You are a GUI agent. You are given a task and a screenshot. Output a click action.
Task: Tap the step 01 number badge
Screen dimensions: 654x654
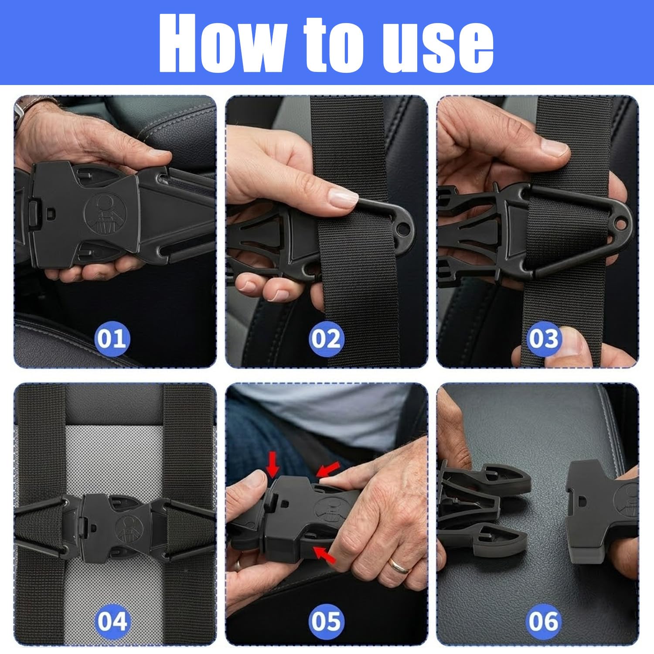click(112, 339)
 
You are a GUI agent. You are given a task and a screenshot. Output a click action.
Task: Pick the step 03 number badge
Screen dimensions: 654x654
click(543, 339)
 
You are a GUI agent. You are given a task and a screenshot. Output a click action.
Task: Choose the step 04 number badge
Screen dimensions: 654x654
click(112, 621)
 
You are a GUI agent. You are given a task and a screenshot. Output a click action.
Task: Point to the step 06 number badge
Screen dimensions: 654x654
click(543, 621)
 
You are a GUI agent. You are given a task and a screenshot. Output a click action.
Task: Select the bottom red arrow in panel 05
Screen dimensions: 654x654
click(325, 555)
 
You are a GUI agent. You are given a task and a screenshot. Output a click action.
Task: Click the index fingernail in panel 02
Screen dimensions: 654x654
click(342, 198)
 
